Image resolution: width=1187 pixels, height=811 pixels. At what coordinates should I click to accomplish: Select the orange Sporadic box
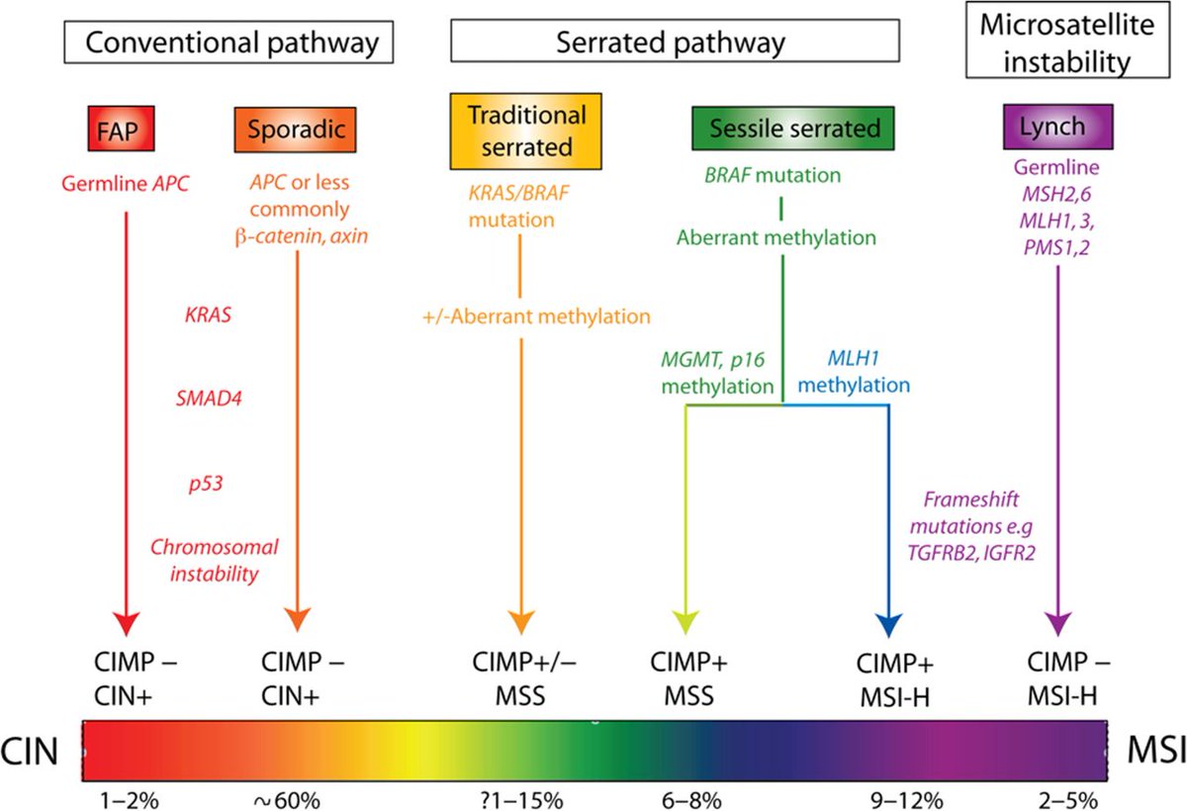(296, 129)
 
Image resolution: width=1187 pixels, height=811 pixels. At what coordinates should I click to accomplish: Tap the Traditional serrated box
(526, 129)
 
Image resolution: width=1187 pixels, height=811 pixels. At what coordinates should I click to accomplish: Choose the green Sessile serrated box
(785, 128)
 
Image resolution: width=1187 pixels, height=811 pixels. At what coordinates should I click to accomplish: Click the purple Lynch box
(1058, 128)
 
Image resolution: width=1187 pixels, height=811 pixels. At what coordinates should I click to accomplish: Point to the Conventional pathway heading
(231, 43)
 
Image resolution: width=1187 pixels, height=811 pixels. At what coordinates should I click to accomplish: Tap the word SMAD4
(208, 401)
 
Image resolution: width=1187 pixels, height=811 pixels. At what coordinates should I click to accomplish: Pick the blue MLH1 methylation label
(853, 371)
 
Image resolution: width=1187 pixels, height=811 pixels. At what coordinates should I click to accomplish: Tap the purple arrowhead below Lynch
(1057, 625)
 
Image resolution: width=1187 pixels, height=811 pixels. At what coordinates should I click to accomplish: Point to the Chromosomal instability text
(215, 559)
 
